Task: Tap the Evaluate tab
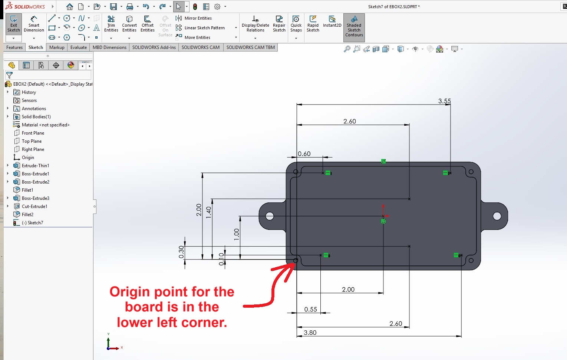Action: pyautogui.click(x=79, y=47)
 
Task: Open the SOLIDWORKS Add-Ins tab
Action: pyautogui.click(x=154, y=47)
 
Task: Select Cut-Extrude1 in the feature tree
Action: pyautogui.click(x=34, y=206)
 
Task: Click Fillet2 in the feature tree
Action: pyautogui.click(x=27, y=215)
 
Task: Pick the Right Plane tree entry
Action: pyautogui.click(x=33, y=149)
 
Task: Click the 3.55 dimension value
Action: pyautogui.click(x=445, y=101)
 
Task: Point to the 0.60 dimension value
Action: pyautogui.click(x=304, y=154)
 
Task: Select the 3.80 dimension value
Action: pyautogui.click(x=310, y=333)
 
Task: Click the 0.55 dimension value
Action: pyautogui.click(x=311, y=310)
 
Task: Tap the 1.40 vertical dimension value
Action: pyautogui.click(x=208, y=213)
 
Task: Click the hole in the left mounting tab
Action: pyautogui.click(x=270, y=216)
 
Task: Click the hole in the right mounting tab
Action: pyautogui.click(x=497, y=216)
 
